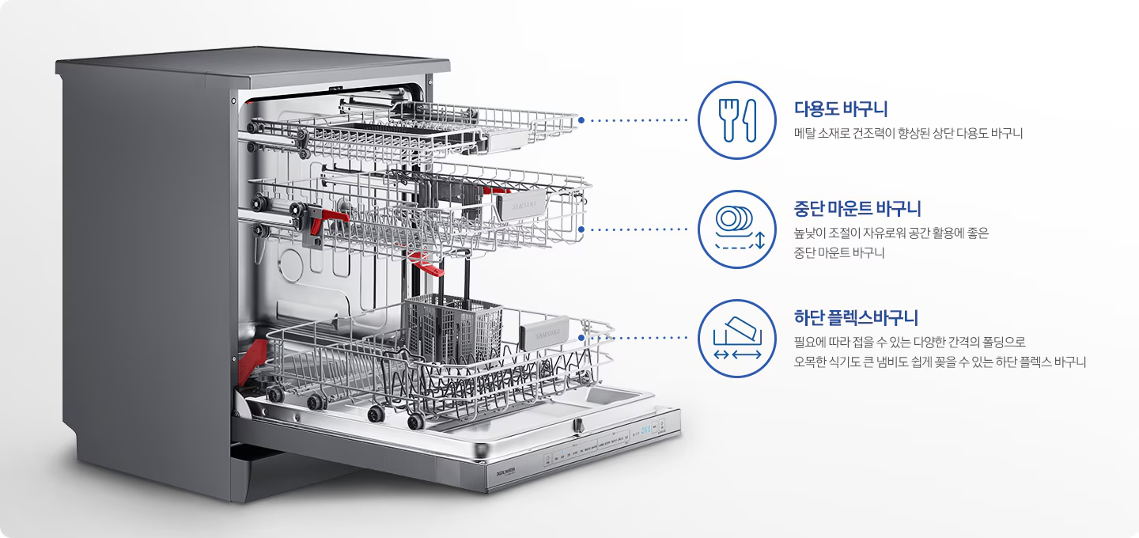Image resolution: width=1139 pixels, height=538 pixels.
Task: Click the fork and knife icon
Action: point(737,120)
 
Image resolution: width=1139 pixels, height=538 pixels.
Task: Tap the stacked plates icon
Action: point(737,229)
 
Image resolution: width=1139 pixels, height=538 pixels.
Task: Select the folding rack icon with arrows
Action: point(737,338)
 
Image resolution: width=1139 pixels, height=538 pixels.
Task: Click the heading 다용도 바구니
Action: point(841,109)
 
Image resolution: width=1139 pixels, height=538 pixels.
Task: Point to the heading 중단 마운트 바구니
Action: point(857,209)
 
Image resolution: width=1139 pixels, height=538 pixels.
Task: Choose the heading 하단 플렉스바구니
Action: point(856,318)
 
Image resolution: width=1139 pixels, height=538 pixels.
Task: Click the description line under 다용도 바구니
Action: point(908,134)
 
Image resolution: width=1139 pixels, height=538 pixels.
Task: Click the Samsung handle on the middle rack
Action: point(524,205)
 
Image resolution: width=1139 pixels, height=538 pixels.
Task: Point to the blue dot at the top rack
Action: point(581,120)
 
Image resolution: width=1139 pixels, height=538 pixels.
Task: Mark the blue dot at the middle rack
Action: point(581,229)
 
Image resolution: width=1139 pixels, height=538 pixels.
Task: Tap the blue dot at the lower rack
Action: point(581,337)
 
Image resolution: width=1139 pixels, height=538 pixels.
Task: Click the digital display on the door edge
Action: point(646,432)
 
